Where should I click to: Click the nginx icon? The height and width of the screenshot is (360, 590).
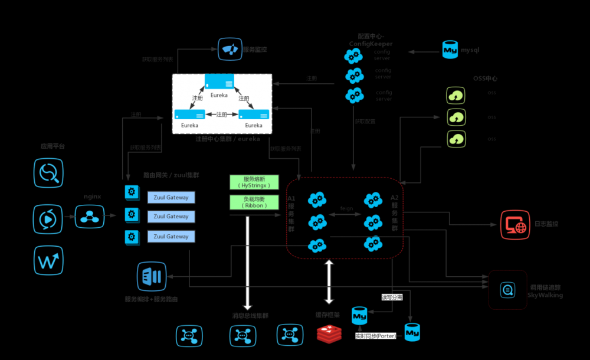click(90, 217)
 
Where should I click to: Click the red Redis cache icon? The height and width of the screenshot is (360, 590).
click(329, 335)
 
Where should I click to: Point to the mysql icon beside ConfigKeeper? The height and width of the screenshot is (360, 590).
click(450, 50)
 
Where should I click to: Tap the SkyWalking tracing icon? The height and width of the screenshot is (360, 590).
click(507, 290)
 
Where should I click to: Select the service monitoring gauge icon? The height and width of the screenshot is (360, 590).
click(230, 50)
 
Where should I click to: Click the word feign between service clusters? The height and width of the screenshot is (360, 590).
click(346, 208)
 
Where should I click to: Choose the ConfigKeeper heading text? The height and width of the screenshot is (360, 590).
click(371, 40)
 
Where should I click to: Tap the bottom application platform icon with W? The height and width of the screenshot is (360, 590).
click(48, 260)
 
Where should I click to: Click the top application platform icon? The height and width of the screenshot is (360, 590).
click(48, 173)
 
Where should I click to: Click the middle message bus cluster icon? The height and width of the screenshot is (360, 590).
click(242, 335)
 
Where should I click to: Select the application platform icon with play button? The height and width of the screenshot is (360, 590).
click(48, 218)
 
